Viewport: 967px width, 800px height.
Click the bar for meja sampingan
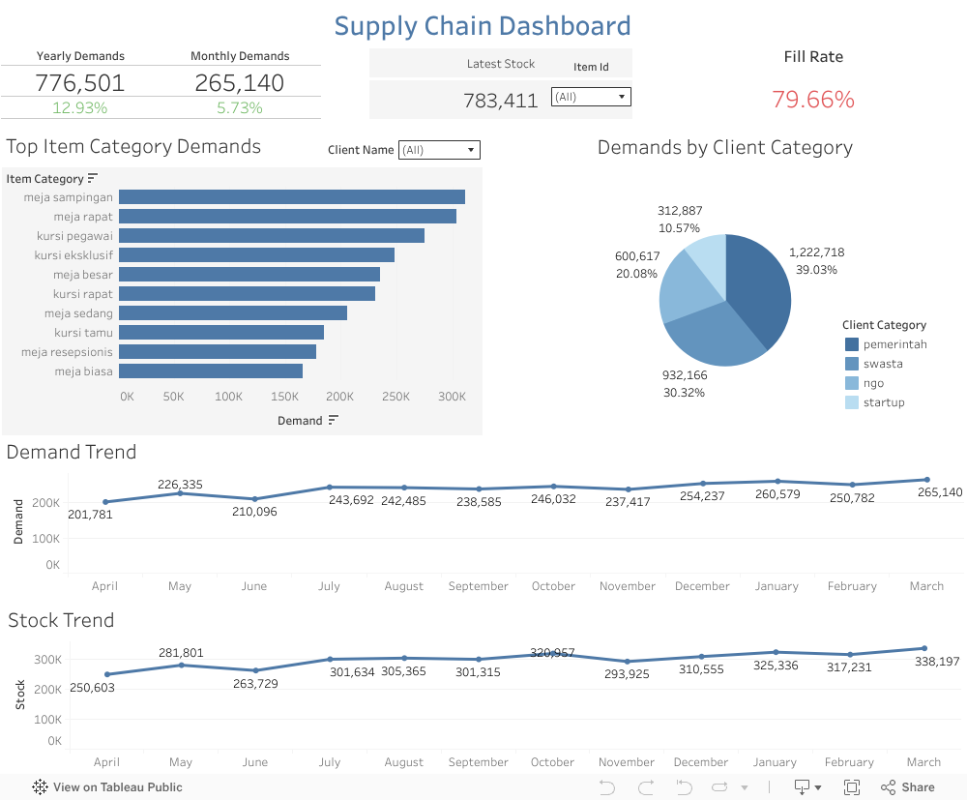click(x=292, y=197)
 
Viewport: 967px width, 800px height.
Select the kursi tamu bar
click(x=221, y=333)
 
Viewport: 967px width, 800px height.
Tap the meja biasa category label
click(x=83, y=371)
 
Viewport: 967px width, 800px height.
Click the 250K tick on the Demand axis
click(x=396, y=397)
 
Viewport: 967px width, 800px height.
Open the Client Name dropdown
click(x=439, y=150)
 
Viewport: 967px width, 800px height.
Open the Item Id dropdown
click(x=591, y=97)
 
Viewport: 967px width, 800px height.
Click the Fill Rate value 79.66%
click(x=813, y=100)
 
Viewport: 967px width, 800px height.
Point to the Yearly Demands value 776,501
click(x=80, y=83)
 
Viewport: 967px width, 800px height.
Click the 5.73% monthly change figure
click(x=240, y=107)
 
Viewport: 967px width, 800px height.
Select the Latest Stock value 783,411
click(x=500, y=100)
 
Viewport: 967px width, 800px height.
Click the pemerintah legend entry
click(x=894, y=344)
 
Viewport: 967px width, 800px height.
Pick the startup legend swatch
click(x=852, y=402)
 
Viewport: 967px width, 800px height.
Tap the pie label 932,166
click(x=684, y=374)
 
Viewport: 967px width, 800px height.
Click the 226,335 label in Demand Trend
click(x=180, y=485)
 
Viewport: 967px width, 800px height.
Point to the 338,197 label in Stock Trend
click(x=938, y=661)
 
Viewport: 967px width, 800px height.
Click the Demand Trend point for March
click(x=926, y=480)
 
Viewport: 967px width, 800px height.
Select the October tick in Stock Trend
click(x=552, y=762)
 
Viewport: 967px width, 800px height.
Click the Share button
click(x=908, y=787)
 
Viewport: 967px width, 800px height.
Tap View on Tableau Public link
click(x=107, y=787)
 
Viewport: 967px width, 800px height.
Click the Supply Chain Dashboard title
click(x=483, y=26)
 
